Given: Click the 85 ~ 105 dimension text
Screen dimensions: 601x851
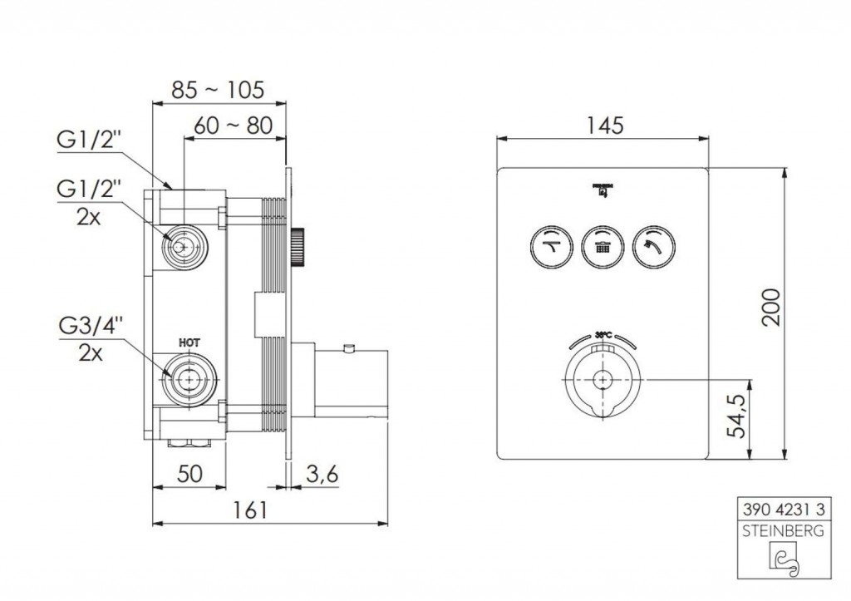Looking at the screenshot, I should pos(218,88).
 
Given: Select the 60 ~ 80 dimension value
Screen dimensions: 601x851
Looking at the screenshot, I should pos(233,126).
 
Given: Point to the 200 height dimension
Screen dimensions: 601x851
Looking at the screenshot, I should pos(770,308).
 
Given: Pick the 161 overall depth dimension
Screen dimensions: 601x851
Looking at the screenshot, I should pos(249,510).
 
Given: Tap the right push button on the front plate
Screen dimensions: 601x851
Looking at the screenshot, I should pos(654,244).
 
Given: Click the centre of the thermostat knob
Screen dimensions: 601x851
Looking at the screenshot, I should pos(602,379).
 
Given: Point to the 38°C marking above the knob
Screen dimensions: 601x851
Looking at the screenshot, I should pos(603,334).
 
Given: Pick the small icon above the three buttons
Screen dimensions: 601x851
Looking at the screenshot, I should pos(602,190).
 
